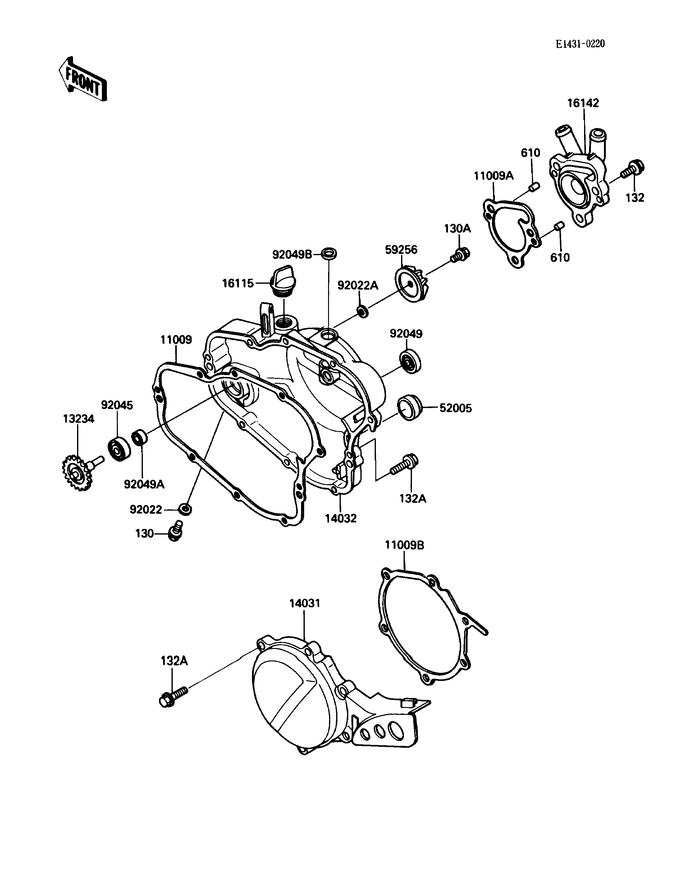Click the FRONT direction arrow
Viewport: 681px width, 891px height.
83,79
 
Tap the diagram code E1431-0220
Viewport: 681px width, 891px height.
580,44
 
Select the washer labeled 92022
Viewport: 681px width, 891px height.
185,509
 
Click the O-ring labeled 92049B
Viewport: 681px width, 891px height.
329,254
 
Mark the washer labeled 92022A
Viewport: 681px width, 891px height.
362,311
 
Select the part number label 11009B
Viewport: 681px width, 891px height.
404,545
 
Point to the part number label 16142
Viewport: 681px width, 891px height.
583,103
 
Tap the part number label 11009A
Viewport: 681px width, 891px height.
494,176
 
